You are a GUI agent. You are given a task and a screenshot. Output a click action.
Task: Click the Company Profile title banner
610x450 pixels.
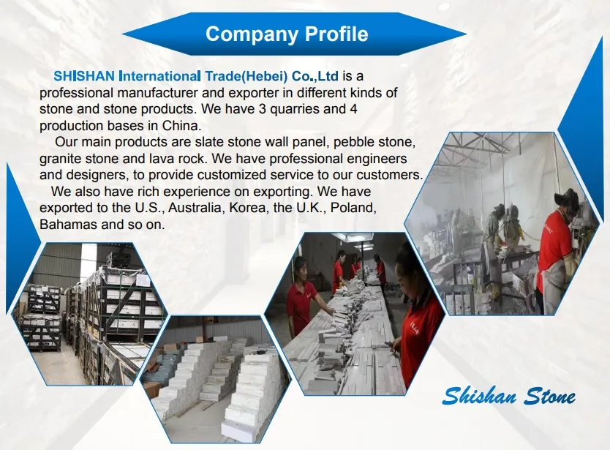coord(287,34)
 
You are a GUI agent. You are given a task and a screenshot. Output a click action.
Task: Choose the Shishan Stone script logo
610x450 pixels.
coord(508,397)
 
